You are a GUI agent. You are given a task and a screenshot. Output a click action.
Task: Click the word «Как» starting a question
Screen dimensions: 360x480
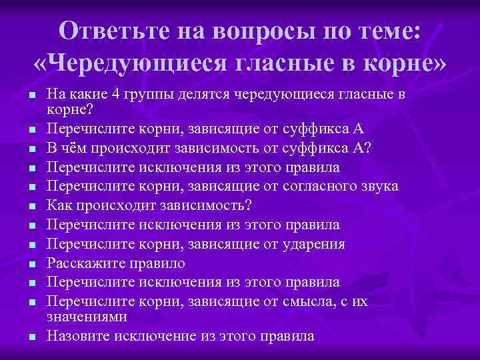58,205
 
